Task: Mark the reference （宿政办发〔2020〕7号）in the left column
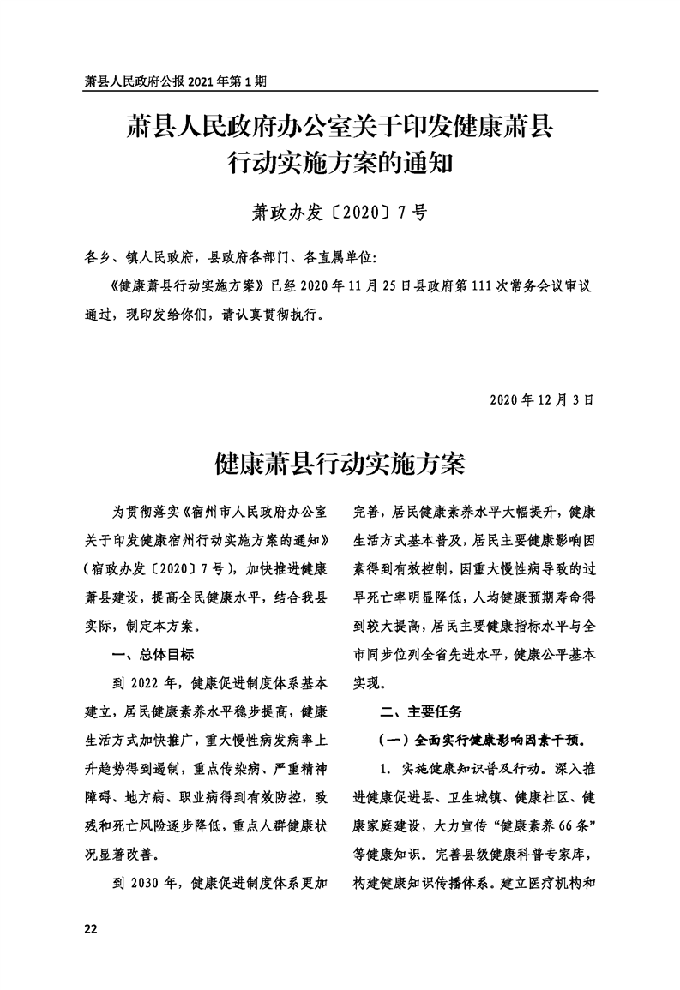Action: click(x=157, y=569)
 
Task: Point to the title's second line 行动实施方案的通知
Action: click(x=340, y=159)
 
